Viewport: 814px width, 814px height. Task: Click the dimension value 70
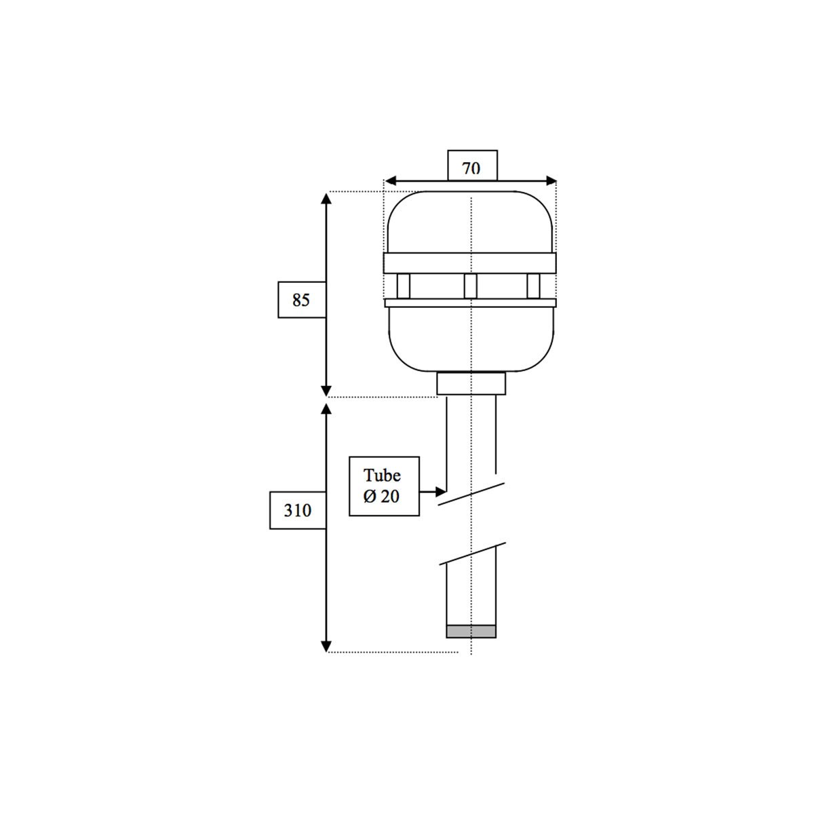(x=471, y=168)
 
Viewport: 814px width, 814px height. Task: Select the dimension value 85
(x=301, y=300)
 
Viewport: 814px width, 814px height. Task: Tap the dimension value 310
(x=297, y=510)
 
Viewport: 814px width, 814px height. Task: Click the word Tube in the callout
(x=382, y=475)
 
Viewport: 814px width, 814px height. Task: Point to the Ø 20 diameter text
(x=381, y=497)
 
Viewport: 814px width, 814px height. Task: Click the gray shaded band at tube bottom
(x=471, y=632)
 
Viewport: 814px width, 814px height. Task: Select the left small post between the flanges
(x=403, y=286)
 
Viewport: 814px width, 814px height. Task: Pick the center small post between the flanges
(x=470, y=286)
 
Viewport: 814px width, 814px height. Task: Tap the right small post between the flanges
(x=533, y=286)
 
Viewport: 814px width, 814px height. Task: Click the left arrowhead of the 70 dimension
(x=389, y=181)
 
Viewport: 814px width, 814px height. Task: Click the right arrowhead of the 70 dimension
(x=551, y=181)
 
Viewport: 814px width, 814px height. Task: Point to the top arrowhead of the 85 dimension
(x=326, y=197)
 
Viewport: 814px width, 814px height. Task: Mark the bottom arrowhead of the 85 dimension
(x=326, y=391)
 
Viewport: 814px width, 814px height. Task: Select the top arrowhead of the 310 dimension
(x=326, y=408)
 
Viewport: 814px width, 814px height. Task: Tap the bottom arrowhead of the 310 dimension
(x=326, y=646)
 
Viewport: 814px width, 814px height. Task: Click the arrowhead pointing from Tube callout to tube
(x=441, y=490)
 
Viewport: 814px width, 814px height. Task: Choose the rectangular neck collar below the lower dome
(x=471, y=384)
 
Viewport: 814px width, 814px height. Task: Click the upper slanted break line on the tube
(x=471, y=493)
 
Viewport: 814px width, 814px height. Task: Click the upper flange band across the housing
(x=470, y=263)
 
